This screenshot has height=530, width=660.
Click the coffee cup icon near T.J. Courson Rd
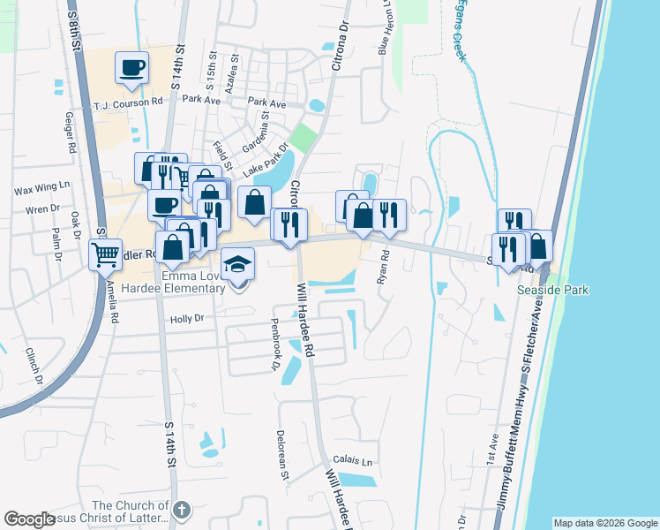point(131,67)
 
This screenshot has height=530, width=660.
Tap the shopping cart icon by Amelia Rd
point(105,254)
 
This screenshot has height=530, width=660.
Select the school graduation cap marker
point(236,263)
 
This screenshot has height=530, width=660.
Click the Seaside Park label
point(553,290)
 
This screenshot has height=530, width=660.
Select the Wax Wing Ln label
point(41,188)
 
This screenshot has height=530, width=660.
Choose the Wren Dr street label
point(42,210)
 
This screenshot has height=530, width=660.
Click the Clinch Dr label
point(35,367)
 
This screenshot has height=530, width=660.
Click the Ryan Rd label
point(384,267)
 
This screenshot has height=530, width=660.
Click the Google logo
point(29,519)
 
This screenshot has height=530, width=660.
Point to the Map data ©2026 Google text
point(604,523)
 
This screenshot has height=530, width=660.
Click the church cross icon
point(181,510)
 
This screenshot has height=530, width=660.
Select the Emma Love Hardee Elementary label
point(200,287)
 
